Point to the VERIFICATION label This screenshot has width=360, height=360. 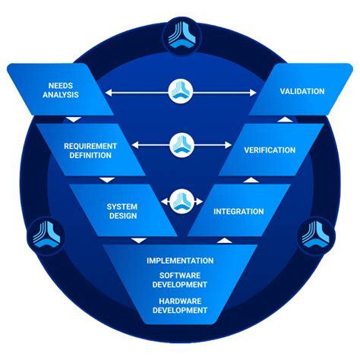(x=270, y=150)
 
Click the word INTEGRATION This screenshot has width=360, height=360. (x=238, y=211)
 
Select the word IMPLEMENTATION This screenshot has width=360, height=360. (x=180, y=261)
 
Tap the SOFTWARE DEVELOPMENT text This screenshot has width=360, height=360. (x=180, y=280)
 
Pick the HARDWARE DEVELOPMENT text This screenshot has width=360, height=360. (x=180, y=305)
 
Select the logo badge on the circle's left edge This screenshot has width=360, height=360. (x=39, y=235)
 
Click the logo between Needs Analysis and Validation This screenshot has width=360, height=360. (x=180, y=93)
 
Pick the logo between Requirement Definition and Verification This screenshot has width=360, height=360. (x=180, y=143)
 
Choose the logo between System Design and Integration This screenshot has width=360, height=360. (x=180, y=201)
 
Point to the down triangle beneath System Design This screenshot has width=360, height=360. (x=137, y=240)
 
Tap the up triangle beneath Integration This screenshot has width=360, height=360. (x=222, y=240)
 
